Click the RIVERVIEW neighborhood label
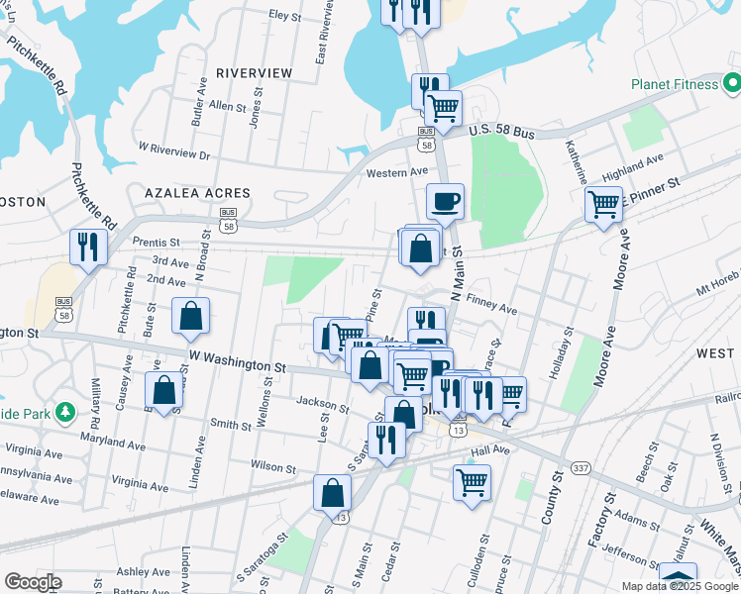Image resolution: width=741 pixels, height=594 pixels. click(254, 73)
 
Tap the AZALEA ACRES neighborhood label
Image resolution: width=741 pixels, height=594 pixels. click(197, 192)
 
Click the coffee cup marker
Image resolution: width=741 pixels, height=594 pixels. click(445, 201)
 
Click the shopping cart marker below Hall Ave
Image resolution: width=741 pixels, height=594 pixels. click(473, 483)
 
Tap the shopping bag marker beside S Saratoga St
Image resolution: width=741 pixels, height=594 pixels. click(333, 494)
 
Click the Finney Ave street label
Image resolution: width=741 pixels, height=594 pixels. click(491, 309)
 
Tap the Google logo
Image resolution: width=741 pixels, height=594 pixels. click(33, 582)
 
